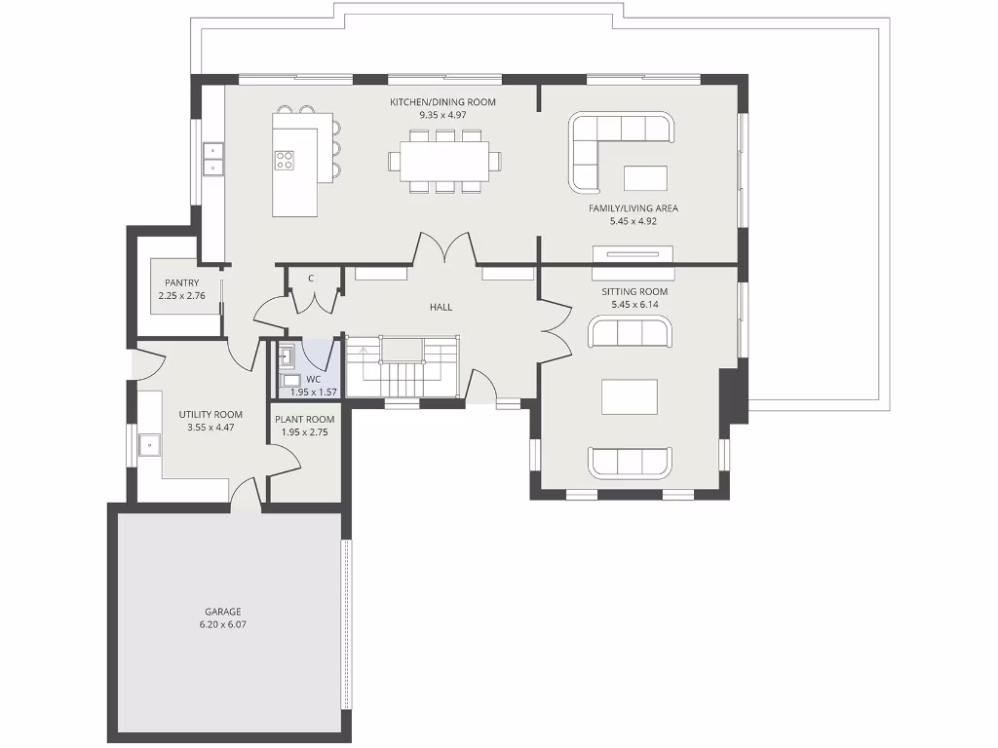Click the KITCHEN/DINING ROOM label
click(x=442, y=102)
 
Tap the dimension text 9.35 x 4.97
click(x=442, y=115)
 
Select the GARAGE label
click(x=222, y=612)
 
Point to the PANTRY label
click(x=181, y=283)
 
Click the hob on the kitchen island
click(x=285, y=161)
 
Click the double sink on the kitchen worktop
click(x=212, y=158)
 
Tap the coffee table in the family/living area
click(x=645, y=178)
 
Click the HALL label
click(x=441, y=307)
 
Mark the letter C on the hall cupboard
click(x=311, y=279)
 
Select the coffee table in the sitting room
click(x=629, y=396)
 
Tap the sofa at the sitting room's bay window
click(x=630, y=463)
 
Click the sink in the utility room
click(x=151, y=445)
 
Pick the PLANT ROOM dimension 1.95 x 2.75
click(x=304, y=431)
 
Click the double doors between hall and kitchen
click(x=445, y=250)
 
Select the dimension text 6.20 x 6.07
click(x=222, y=624)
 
